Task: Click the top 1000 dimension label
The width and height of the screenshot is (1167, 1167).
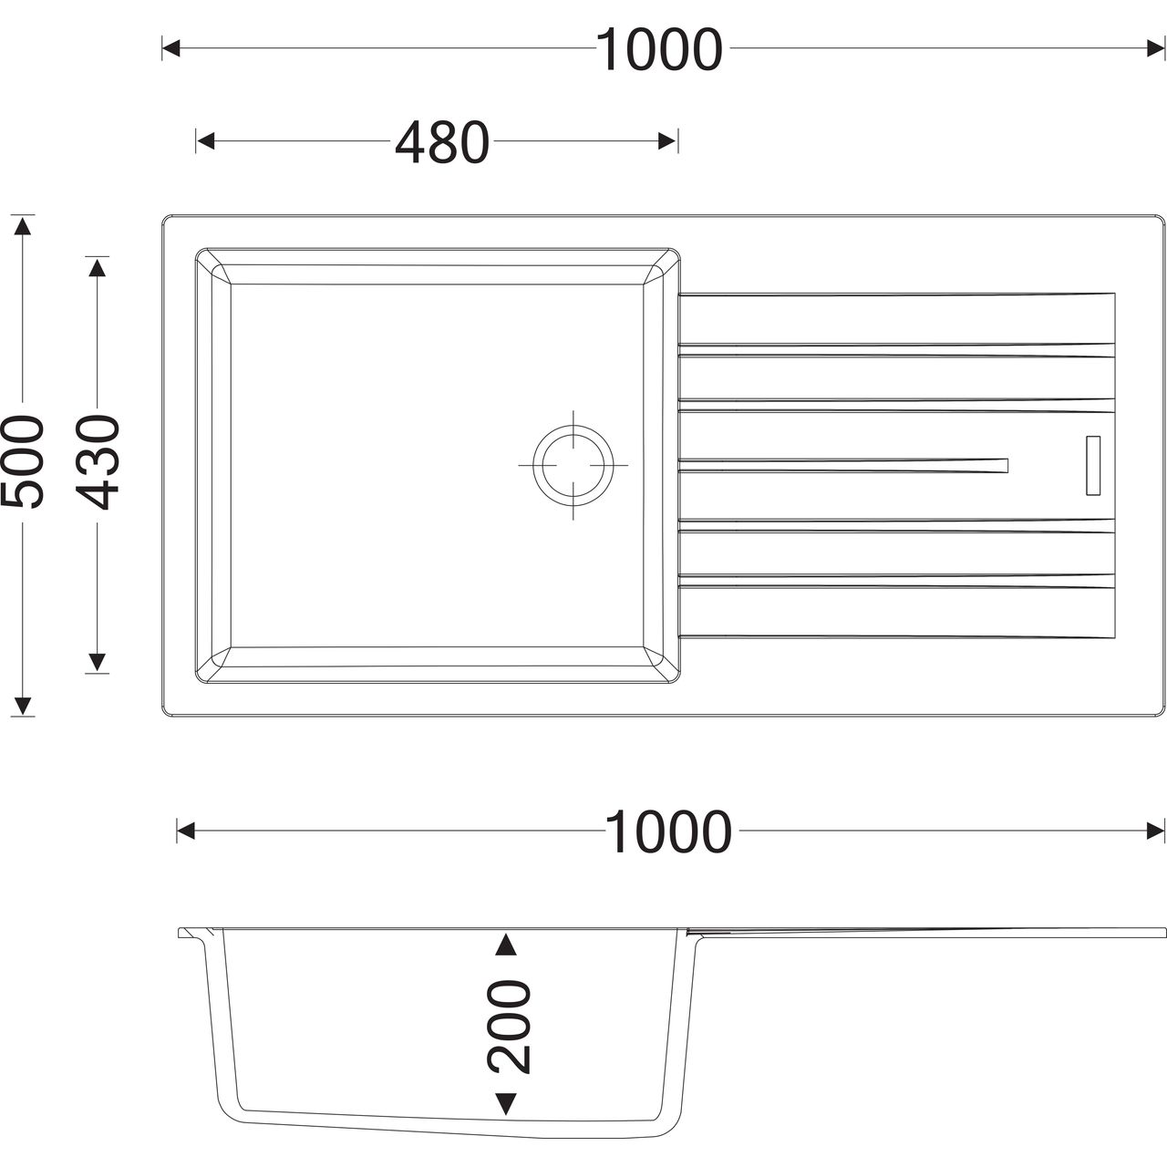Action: (659, 49)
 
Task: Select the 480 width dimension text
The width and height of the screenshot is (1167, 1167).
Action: (442, 141)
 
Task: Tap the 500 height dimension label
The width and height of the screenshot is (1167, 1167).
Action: (23, 460)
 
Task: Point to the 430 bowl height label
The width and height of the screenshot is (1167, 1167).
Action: (99, 461)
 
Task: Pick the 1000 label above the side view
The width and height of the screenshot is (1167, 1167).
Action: (668, 831)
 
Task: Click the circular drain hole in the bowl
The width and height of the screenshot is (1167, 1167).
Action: (573, 465)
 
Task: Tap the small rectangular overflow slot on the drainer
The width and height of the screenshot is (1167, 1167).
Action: (1093, 465)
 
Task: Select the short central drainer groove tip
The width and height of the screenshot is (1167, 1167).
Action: (1006, 465)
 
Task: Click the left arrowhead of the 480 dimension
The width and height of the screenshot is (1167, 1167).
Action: (206, 141)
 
